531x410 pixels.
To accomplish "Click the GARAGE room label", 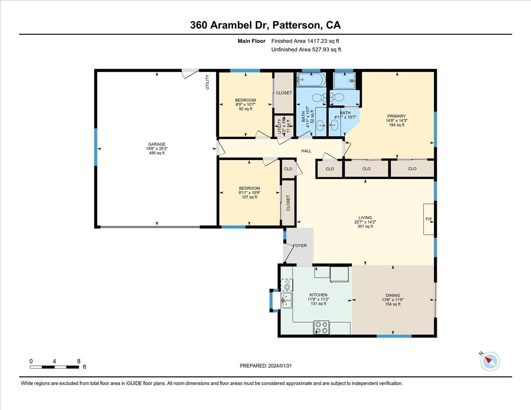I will coord(157,144).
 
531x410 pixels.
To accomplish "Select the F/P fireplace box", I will coord(429,219).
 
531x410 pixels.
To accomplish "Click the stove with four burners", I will coord(322,327).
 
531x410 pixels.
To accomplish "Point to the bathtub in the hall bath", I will coord(311,80).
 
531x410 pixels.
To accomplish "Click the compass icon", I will coord(490,361).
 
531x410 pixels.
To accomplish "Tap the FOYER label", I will coord(299,246).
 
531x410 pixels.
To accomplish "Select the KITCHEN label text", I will coord(318,295).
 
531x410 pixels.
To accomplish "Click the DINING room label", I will coord(392,295).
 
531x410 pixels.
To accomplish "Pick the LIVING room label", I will coord(365,218).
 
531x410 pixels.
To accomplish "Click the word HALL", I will coord(306,151).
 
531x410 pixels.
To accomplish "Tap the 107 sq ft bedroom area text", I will coord(249,197).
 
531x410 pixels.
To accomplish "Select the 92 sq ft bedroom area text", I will coord(245,109).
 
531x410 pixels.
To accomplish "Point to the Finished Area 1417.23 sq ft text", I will coord(306,41).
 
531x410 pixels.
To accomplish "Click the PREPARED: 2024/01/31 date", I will coord(265,366).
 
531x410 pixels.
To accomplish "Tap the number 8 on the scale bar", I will coord(78,361).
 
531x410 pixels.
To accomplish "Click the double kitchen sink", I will coord(287,300).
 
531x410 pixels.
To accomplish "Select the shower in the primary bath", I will coord(346,81).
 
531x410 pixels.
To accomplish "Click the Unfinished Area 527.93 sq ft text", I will coord(306,50).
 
